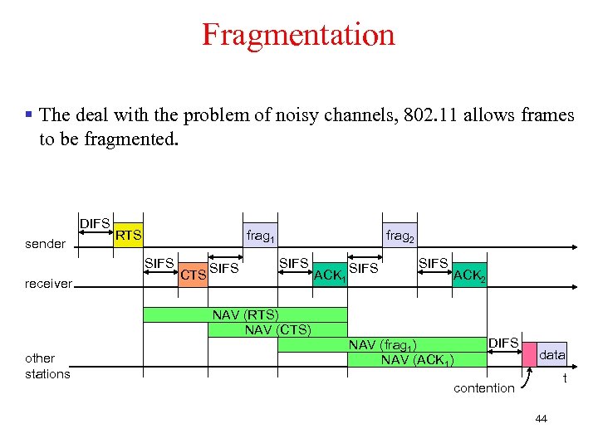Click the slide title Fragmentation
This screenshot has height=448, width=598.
[298, 35]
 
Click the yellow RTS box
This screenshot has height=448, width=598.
[128, 236]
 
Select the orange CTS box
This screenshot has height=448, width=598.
[193, 275]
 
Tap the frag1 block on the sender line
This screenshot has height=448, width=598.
[261, 236]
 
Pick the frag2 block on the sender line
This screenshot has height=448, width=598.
[399, 236]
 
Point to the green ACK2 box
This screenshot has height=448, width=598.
[469, 275]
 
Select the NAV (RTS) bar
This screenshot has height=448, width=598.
[245, 314]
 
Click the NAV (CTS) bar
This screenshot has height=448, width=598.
[277, 329]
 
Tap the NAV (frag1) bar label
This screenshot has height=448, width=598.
[382, 344]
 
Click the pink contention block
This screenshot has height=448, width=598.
[529, 354]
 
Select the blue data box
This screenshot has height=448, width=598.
[552, 354]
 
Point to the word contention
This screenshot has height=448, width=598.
[483, 388]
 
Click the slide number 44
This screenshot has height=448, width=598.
[542, 419]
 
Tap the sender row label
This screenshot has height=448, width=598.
[45, 244]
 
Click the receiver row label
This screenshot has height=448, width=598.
[48, 284]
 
